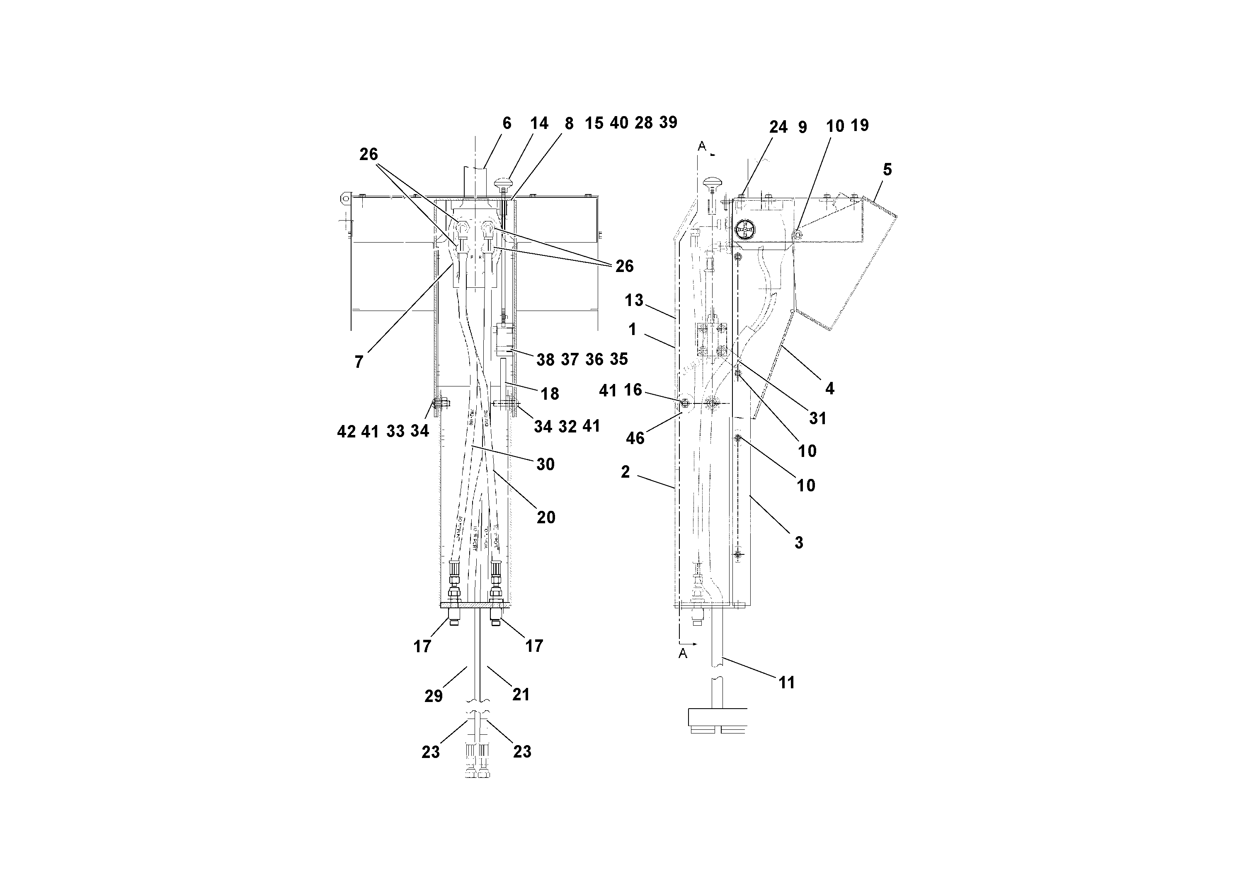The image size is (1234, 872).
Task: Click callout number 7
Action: [x=359, y=362]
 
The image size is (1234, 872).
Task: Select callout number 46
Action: [x=635, y=438]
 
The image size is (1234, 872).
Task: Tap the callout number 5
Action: [x=887, y=170]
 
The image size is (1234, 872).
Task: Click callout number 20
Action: [x=545, y=518]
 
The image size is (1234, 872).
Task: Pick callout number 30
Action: [x=545, y=464]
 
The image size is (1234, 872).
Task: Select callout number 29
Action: [x=433, y=696]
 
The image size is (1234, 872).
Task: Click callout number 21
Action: [x=521, y=695]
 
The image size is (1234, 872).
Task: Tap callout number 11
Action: [x=786, y=683]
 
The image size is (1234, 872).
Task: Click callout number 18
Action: [x=550, y=394]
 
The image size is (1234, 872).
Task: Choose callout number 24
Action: [x=778, y=127]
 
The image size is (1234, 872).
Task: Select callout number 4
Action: [x=829, y=389]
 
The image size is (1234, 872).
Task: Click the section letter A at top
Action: [x=701, y=146]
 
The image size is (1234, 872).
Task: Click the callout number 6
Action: [x=506, y=124]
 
